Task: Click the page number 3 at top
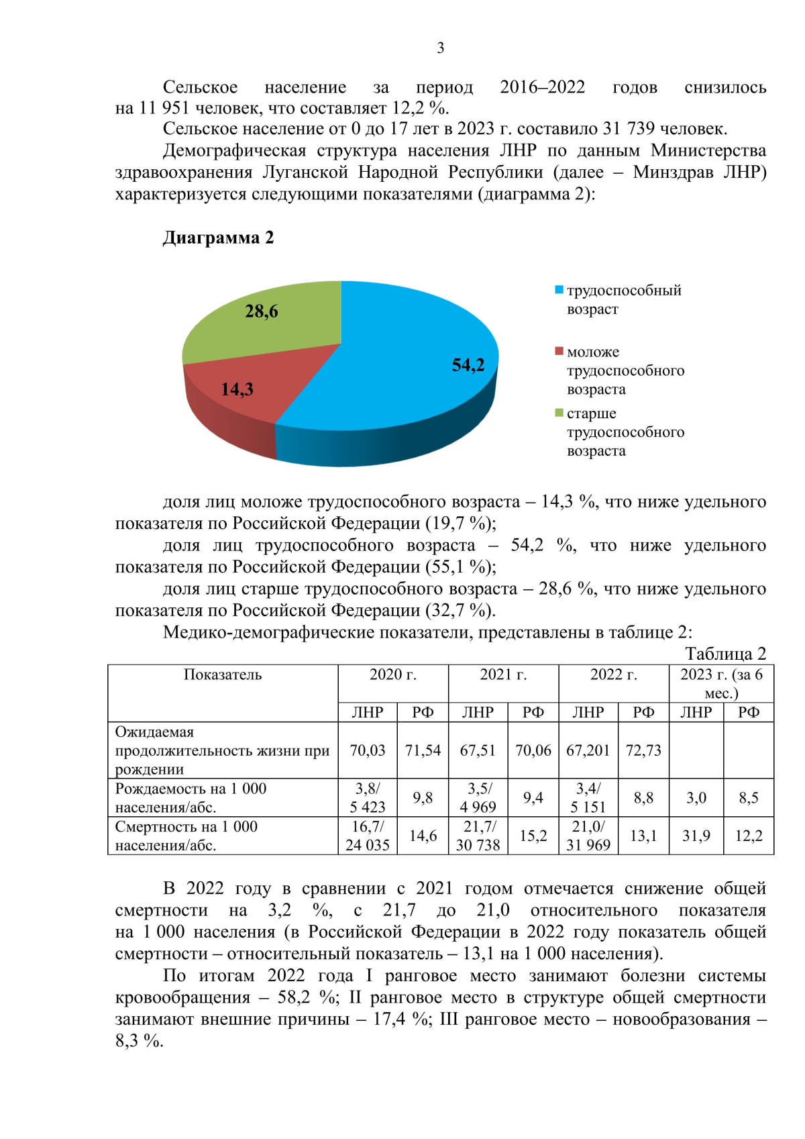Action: click(x=440, y=48)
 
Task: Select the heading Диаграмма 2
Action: click(x=218, y=238)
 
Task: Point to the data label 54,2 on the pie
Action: click(x=468, y=365)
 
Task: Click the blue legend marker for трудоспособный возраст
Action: click(x=559, y=290)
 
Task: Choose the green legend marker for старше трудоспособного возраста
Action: click(x=559, y=413)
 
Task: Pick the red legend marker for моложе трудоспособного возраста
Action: click(x=559, y=351)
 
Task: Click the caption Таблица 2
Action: click(x=725, y=653)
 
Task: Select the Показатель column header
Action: click(x=223, y=675)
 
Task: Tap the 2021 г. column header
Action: click(x=503, y=675)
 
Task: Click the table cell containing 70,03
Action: click(x=368, y=750)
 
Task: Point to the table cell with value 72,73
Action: click(x=643, y=750)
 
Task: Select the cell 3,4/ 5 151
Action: click(x=588, y=797)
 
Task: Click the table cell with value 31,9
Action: click(x=696, y=836)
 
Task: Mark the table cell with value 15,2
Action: click(x=533, y=836)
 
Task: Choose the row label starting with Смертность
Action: click(x=186, y=836)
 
